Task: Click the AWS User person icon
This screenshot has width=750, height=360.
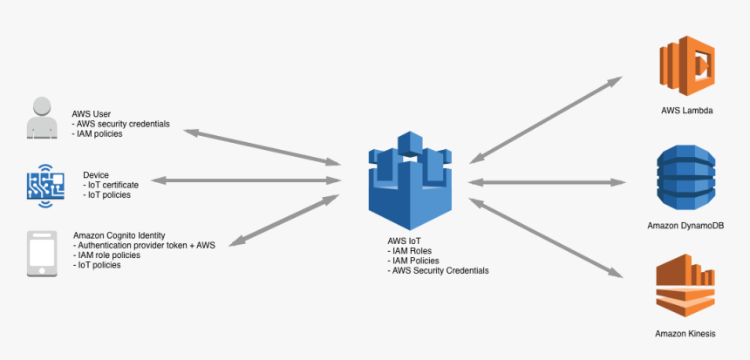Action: tap(43, 119)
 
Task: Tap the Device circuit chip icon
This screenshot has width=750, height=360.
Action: tap(44, 185)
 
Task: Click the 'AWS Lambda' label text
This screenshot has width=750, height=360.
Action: tap(687, 112)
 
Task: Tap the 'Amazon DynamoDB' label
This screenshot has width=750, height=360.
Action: tap(687, 226)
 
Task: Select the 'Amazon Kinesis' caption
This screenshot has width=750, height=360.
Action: tap(686, 334)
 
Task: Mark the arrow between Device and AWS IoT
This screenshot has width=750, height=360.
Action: tap(248, 180)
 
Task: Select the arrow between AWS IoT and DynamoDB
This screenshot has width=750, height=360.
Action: tap(547, 182)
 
